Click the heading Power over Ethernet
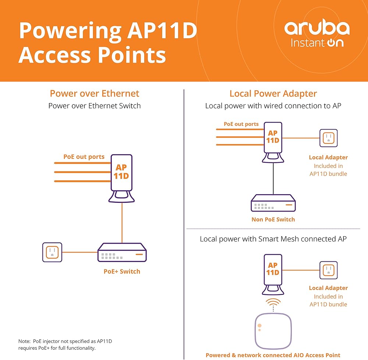[x=95, y=93]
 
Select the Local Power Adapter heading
[x=273, y=93]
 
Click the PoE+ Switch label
[x=122, y=271]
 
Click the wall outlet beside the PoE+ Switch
[x=52, y=252]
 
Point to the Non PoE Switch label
[x=273, y=219]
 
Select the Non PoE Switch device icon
[x=273, y=203]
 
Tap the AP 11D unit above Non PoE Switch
[x=273, y=140]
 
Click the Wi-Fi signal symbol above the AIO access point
[x=273, y=304]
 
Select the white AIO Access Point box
[x=273, y=331]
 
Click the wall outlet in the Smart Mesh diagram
[x=328, y=270]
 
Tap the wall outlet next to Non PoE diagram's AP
[x=328, y=138]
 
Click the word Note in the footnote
[x=24, y=342]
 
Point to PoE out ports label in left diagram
[x=84, y=157]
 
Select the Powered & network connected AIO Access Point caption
[x=273, y=355]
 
